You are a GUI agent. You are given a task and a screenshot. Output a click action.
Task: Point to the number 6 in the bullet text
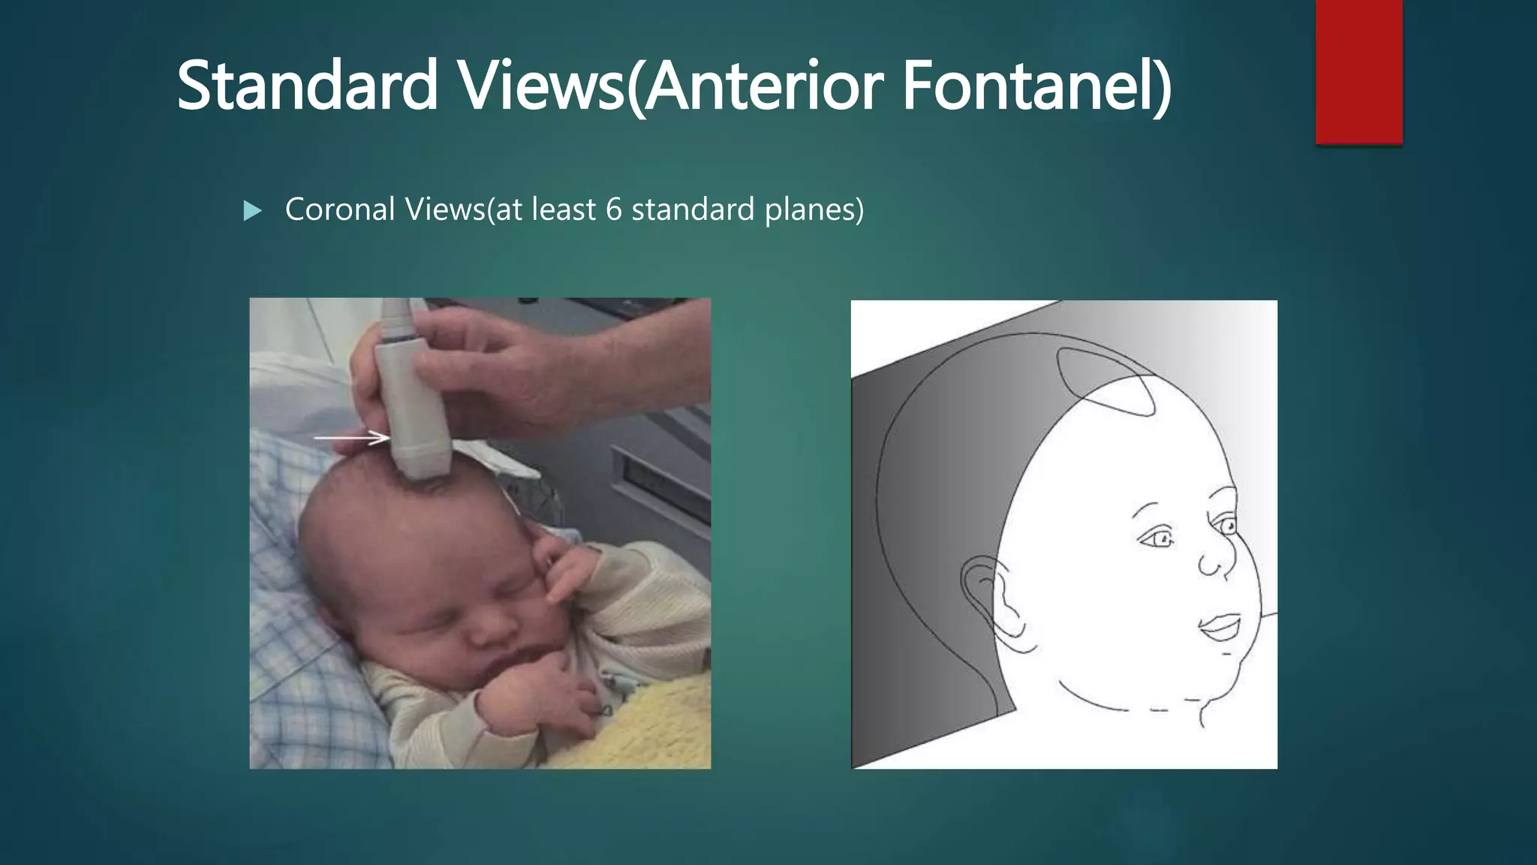click(613, 209)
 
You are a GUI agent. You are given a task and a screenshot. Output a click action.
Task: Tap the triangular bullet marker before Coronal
click(253, 211)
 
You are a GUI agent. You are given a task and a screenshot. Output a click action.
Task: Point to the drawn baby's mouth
click(1220, 626)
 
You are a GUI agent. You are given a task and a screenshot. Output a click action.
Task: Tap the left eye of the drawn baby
click(1156, 538)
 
